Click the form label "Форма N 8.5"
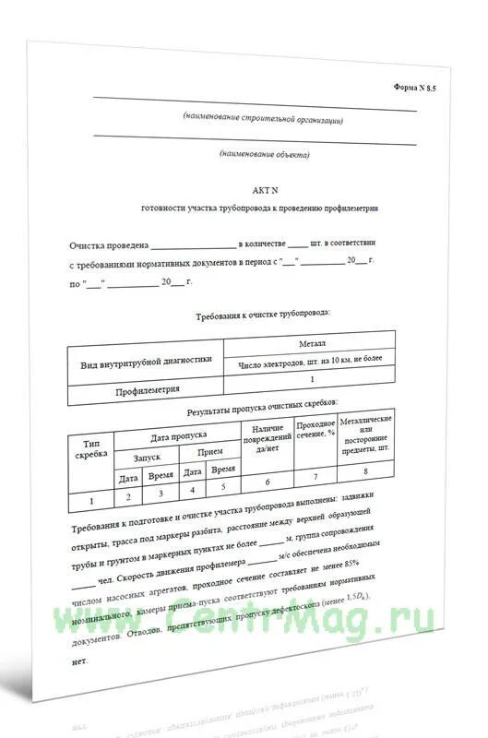[x=415, y=87]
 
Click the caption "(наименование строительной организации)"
[x=263, y=119]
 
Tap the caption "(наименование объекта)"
[x=265, y=154]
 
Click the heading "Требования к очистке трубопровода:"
[x=265, y=315]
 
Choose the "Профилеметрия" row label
[x=148, y=391]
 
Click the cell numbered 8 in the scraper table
[x=365, y=471]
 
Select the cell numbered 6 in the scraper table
[x=267, y=481]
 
